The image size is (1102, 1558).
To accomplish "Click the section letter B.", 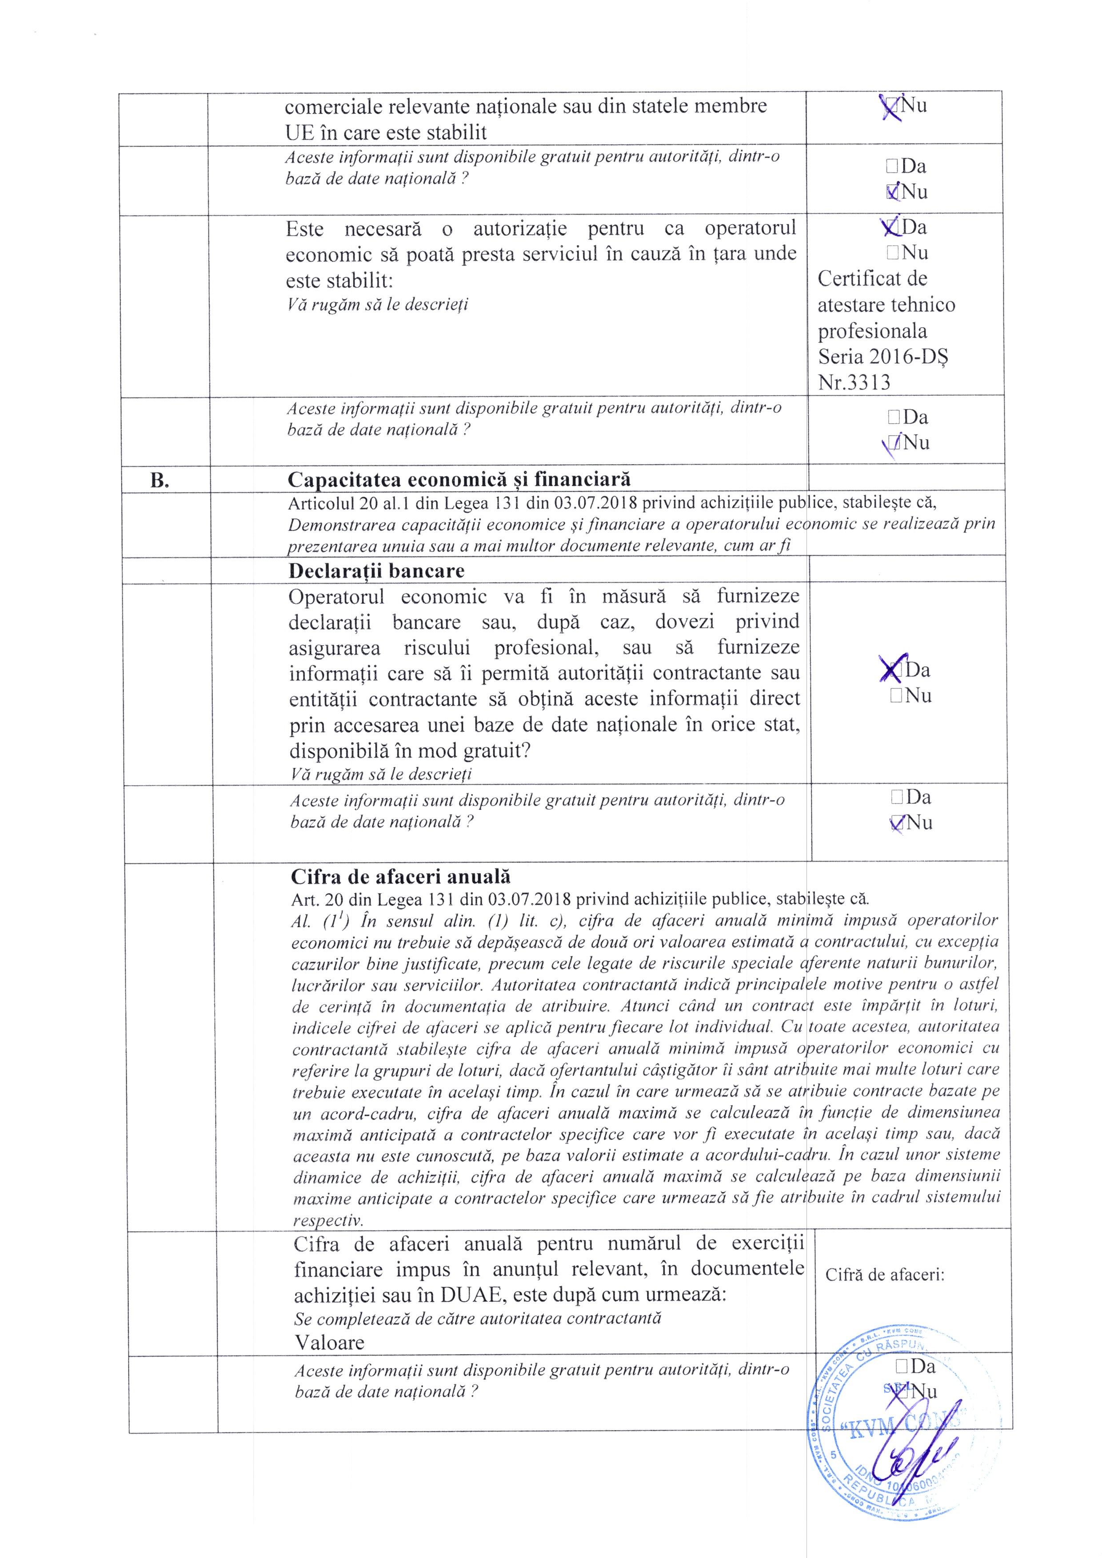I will (160, 481).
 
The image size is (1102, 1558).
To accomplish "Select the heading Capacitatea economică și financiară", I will (459, 480).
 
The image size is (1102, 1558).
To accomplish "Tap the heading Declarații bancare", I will (376, 571).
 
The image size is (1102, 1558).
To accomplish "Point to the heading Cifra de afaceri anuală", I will (401, 877).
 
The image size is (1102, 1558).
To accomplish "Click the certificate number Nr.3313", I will (854, 383).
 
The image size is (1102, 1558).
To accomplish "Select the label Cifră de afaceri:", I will (885, 1275).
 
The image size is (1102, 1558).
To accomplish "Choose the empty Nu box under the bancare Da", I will (896, 696).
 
